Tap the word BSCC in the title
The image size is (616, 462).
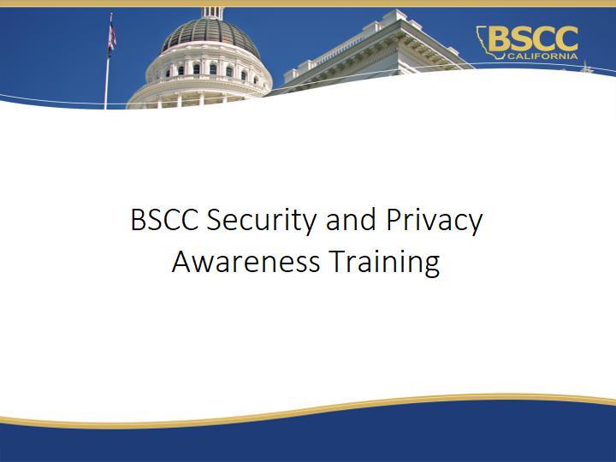pos(164,220)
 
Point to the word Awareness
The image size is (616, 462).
pos(246,262)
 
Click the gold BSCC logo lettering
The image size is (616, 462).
pos(533,38)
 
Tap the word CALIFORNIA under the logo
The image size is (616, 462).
pos(542,56)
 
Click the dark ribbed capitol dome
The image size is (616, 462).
pos(210,35)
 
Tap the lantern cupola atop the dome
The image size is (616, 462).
pos(212,13)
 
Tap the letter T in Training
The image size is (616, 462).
pos(339,262)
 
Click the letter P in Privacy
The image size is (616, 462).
pos(394,220)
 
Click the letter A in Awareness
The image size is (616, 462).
pos(182,262)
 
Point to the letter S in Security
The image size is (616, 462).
pos(215,220)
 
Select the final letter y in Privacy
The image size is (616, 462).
pos(475,226)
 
